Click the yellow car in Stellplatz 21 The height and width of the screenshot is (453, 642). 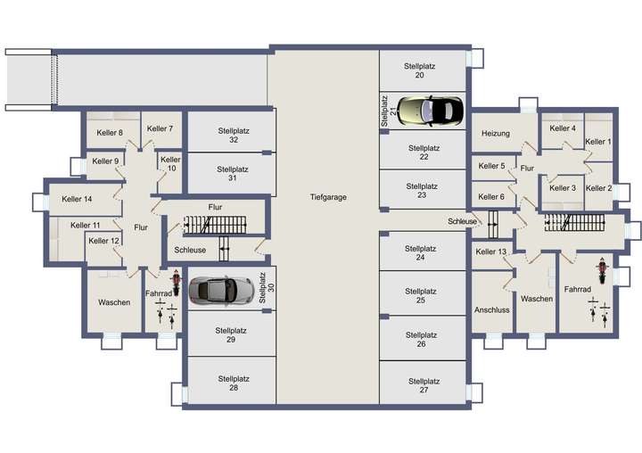tap(431, 111)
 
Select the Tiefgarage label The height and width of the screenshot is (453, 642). tap(328, 197)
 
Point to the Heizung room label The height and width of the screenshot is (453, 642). tap(495, 134)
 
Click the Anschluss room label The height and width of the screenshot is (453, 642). tap(491, 310)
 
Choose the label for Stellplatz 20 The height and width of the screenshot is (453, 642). tap(419, 71)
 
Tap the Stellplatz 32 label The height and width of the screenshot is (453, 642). tap(233, 135)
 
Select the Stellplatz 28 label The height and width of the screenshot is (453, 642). tap(233, 383)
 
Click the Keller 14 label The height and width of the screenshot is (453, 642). tap(76, 199)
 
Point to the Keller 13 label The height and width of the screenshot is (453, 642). tap(491, 252)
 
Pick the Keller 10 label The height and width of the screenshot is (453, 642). tap(169, 163)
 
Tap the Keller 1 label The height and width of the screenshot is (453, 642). tap(597, 142)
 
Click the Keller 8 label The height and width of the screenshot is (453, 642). tap(110, 133)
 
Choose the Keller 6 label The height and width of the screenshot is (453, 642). tap(491, 197)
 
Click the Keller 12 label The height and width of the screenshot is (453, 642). tap(103, 241)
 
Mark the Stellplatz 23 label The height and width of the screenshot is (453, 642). tap(421, 191)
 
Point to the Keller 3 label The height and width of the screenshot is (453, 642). tap(562, 188)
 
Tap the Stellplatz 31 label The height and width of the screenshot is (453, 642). tap(232, 173)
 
